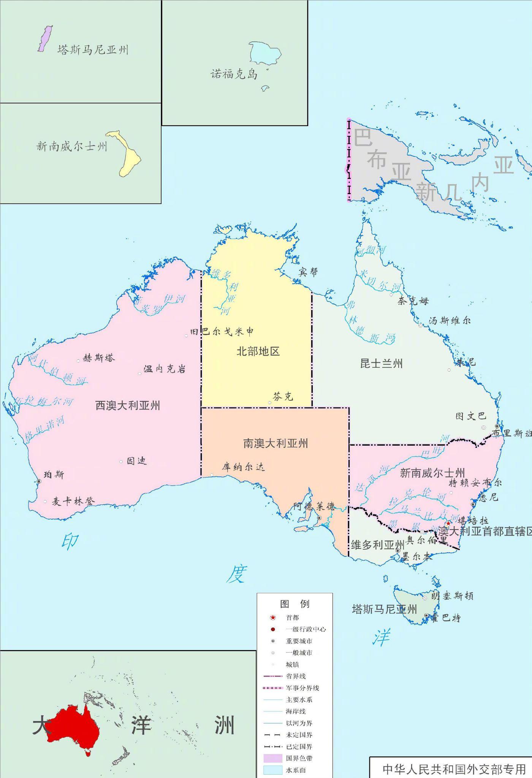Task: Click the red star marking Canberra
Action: (x=448, y=523)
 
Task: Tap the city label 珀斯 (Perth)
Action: (x=54, y=474)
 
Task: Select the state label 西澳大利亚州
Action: (x=128, y=405)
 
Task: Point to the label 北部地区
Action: (x=258, y=351)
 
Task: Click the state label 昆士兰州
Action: (x=381, y=364)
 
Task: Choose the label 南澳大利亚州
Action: (x=275, y=443)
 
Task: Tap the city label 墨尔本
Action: (x=417, y=557)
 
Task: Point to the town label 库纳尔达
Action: (x=244, y=467)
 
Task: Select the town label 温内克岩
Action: (x=164, y=369)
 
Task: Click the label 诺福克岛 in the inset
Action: (x=234, y=74)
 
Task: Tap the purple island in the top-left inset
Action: (x=45, y=38)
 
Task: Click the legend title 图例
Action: (x=294, y=604)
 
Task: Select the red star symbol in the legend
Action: (x=272, y=618)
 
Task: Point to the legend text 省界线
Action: (x=296, y=676)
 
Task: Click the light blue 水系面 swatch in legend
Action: (x=273, y=770)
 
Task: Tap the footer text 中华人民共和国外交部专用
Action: (x=454, y=769)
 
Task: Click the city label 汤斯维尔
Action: (x=450, y=321)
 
